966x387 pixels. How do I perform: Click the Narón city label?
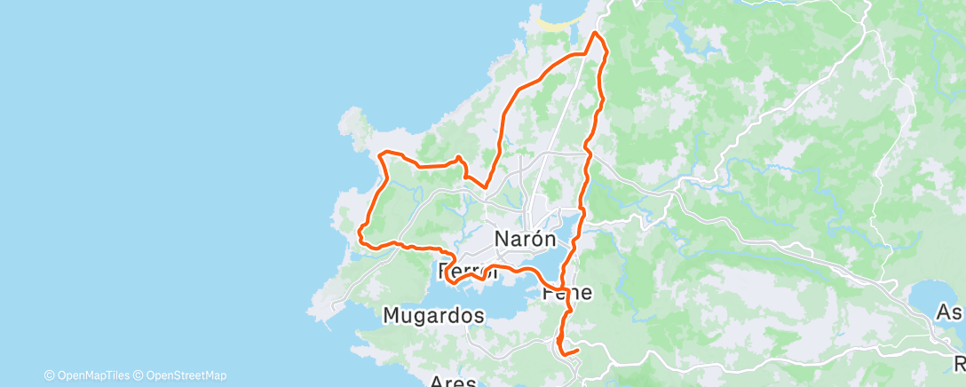point(525,239)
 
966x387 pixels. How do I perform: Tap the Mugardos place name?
point(434,314)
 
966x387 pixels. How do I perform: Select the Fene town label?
point(566,292)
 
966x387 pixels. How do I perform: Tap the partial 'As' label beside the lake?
point(951,312)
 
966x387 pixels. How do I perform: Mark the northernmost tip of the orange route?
point(595,33)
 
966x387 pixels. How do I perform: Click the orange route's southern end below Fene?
point(578,351)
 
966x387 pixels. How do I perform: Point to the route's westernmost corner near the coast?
point(359,234)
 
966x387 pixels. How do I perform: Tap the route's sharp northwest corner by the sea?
point(381,155)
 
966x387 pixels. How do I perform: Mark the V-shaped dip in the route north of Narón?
point(486,185)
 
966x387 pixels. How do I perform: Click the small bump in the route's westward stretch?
point(458,159)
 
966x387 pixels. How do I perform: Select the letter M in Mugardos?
point(392,314)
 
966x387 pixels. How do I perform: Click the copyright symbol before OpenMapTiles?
point(50,375)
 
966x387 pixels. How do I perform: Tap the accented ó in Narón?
point(536,239)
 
